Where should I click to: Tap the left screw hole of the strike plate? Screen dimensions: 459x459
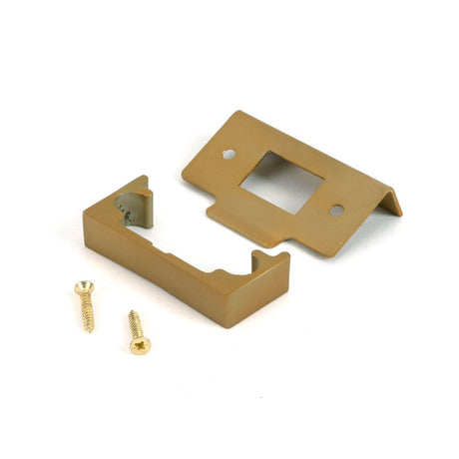pos(229,154)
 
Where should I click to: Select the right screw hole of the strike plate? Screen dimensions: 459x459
pos(336,210)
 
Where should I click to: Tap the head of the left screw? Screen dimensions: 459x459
pos(81,288)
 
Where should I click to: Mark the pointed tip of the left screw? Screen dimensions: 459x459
pos(92,331)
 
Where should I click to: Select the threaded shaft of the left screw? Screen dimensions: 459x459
pos(87,311)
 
